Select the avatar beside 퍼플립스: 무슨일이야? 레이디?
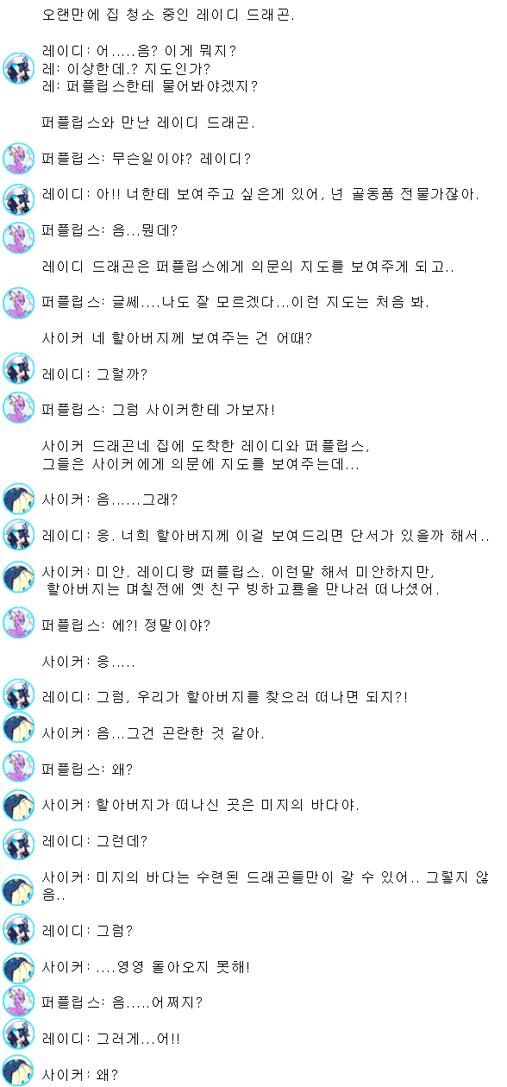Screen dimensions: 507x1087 click(18, 158)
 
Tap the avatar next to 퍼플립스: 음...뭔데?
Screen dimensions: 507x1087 click(18, 237)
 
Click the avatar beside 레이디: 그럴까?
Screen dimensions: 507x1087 click(18, 369)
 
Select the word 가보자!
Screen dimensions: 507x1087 click(250, 410)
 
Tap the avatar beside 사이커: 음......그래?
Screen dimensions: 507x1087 click(18, 499)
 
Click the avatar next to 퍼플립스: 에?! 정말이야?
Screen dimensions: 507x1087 click(18, 622)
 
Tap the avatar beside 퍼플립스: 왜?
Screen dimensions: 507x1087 click(18, 766)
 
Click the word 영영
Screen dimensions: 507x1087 click(130, 966)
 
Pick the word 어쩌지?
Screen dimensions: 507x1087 click(177, 1002)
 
